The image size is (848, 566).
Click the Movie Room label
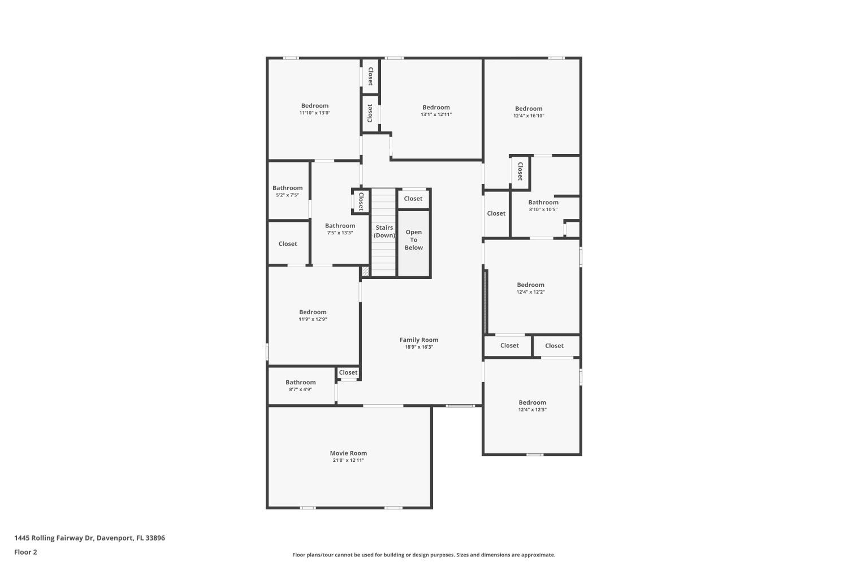(348, 453)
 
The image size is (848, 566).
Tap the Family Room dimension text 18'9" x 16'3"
(419, 347)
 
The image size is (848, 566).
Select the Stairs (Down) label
(384, 231)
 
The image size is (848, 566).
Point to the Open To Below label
(414, 240)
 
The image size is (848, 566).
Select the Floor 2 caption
(26, 552)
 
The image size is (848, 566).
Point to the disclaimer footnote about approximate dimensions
(424, 555)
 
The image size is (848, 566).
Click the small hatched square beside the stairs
(365, 271)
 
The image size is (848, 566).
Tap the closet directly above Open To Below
(413, 199)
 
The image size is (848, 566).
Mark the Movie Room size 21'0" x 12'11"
(348, 460)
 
